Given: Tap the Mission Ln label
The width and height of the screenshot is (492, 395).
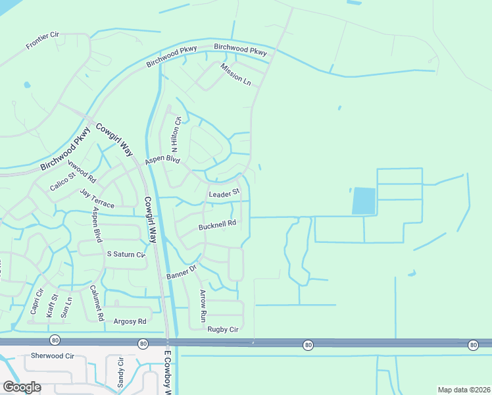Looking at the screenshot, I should click(x=236, y=76).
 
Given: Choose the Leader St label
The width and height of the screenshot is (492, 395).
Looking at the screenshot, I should click(x=223, y=195).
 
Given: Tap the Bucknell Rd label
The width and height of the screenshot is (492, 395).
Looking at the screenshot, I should click(x=217, y=225).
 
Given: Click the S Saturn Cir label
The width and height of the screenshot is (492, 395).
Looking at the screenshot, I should click(x=125, y=254).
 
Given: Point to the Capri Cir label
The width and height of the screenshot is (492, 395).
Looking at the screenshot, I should click(x=36, y=302).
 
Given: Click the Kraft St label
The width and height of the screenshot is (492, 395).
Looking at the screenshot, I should click(x=52, y=306).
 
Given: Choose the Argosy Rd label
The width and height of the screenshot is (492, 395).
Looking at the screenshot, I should click(x=130, y=322).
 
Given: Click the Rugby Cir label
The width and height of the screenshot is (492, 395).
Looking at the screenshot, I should click(x=222, y=329).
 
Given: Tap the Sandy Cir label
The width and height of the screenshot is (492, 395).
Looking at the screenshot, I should click(x=120, y=372).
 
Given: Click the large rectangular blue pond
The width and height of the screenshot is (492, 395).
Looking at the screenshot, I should click(x=364, y=201).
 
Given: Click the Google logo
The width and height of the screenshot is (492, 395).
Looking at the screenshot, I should click(x=22, y=387).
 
